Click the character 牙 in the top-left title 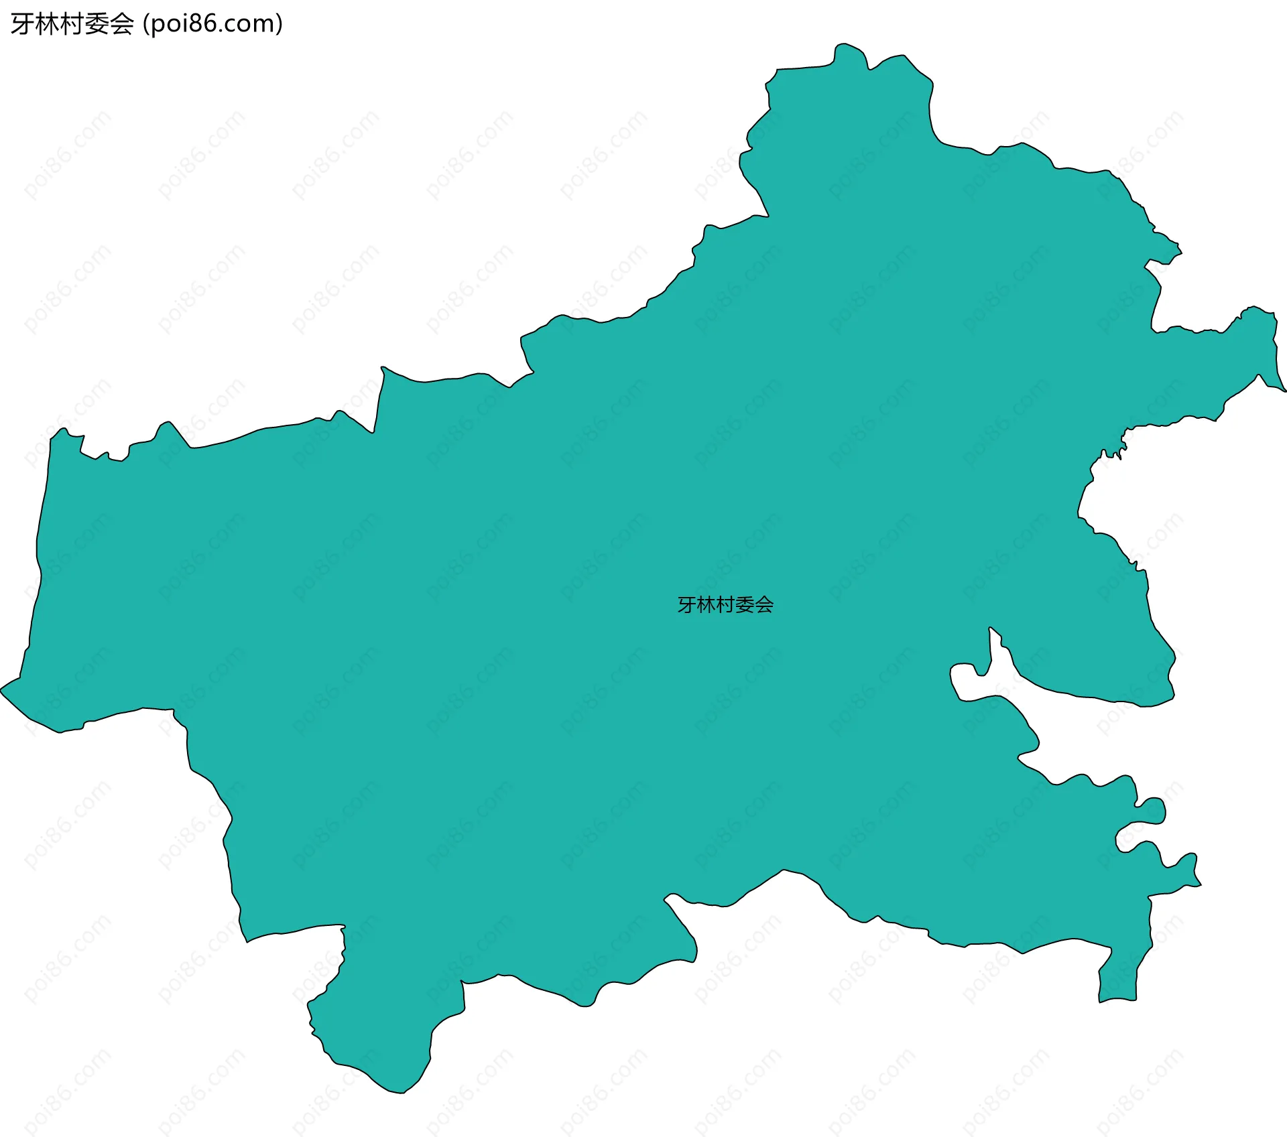coord(22,25)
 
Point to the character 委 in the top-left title coord(97,25)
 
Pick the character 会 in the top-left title coord(122,25)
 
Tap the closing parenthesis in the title coord(279,25)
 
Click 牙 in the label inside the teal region coord(686,605)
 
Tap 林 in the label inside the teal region coord(706,605)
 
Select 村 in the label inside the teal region coord(725,605)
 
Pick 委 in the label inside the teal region coord(745,605)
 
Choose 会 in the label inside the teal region coord(764,605)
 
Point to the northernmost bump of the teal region coord(847,46)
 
